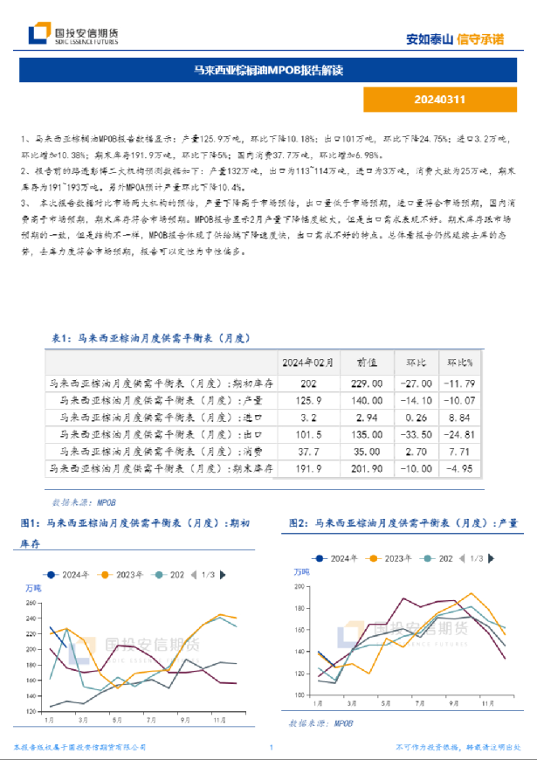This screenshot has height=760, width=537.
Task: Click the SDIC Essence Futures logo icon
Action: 38,34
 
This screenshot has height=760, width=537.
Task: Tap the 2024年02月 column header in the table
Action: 308,362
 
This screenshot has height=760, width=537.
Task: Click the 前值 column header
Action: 366,362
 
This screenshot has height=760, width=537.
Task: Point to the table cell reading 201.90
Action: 366,469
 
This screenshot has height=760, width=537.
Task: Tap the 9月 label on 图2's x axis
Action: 454,702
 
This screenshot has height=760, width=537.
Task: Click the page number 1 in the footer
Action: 271,748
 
